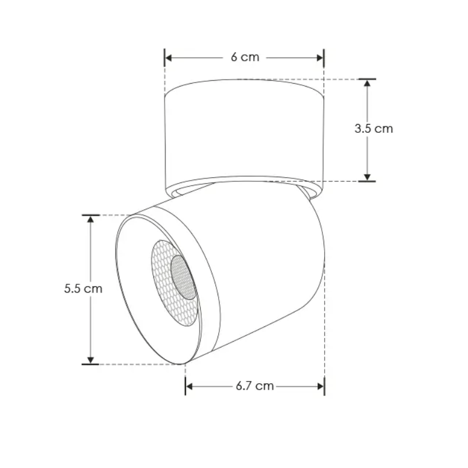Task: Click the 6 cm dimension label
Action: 245,57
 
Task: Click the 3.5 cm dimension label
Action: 374,129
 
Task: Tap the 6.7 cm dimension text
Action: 254,386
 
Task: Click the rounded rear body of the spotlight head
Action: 275,263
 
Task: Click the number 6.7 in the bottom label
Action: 246,386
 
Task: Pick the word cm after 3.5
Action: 384,129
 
